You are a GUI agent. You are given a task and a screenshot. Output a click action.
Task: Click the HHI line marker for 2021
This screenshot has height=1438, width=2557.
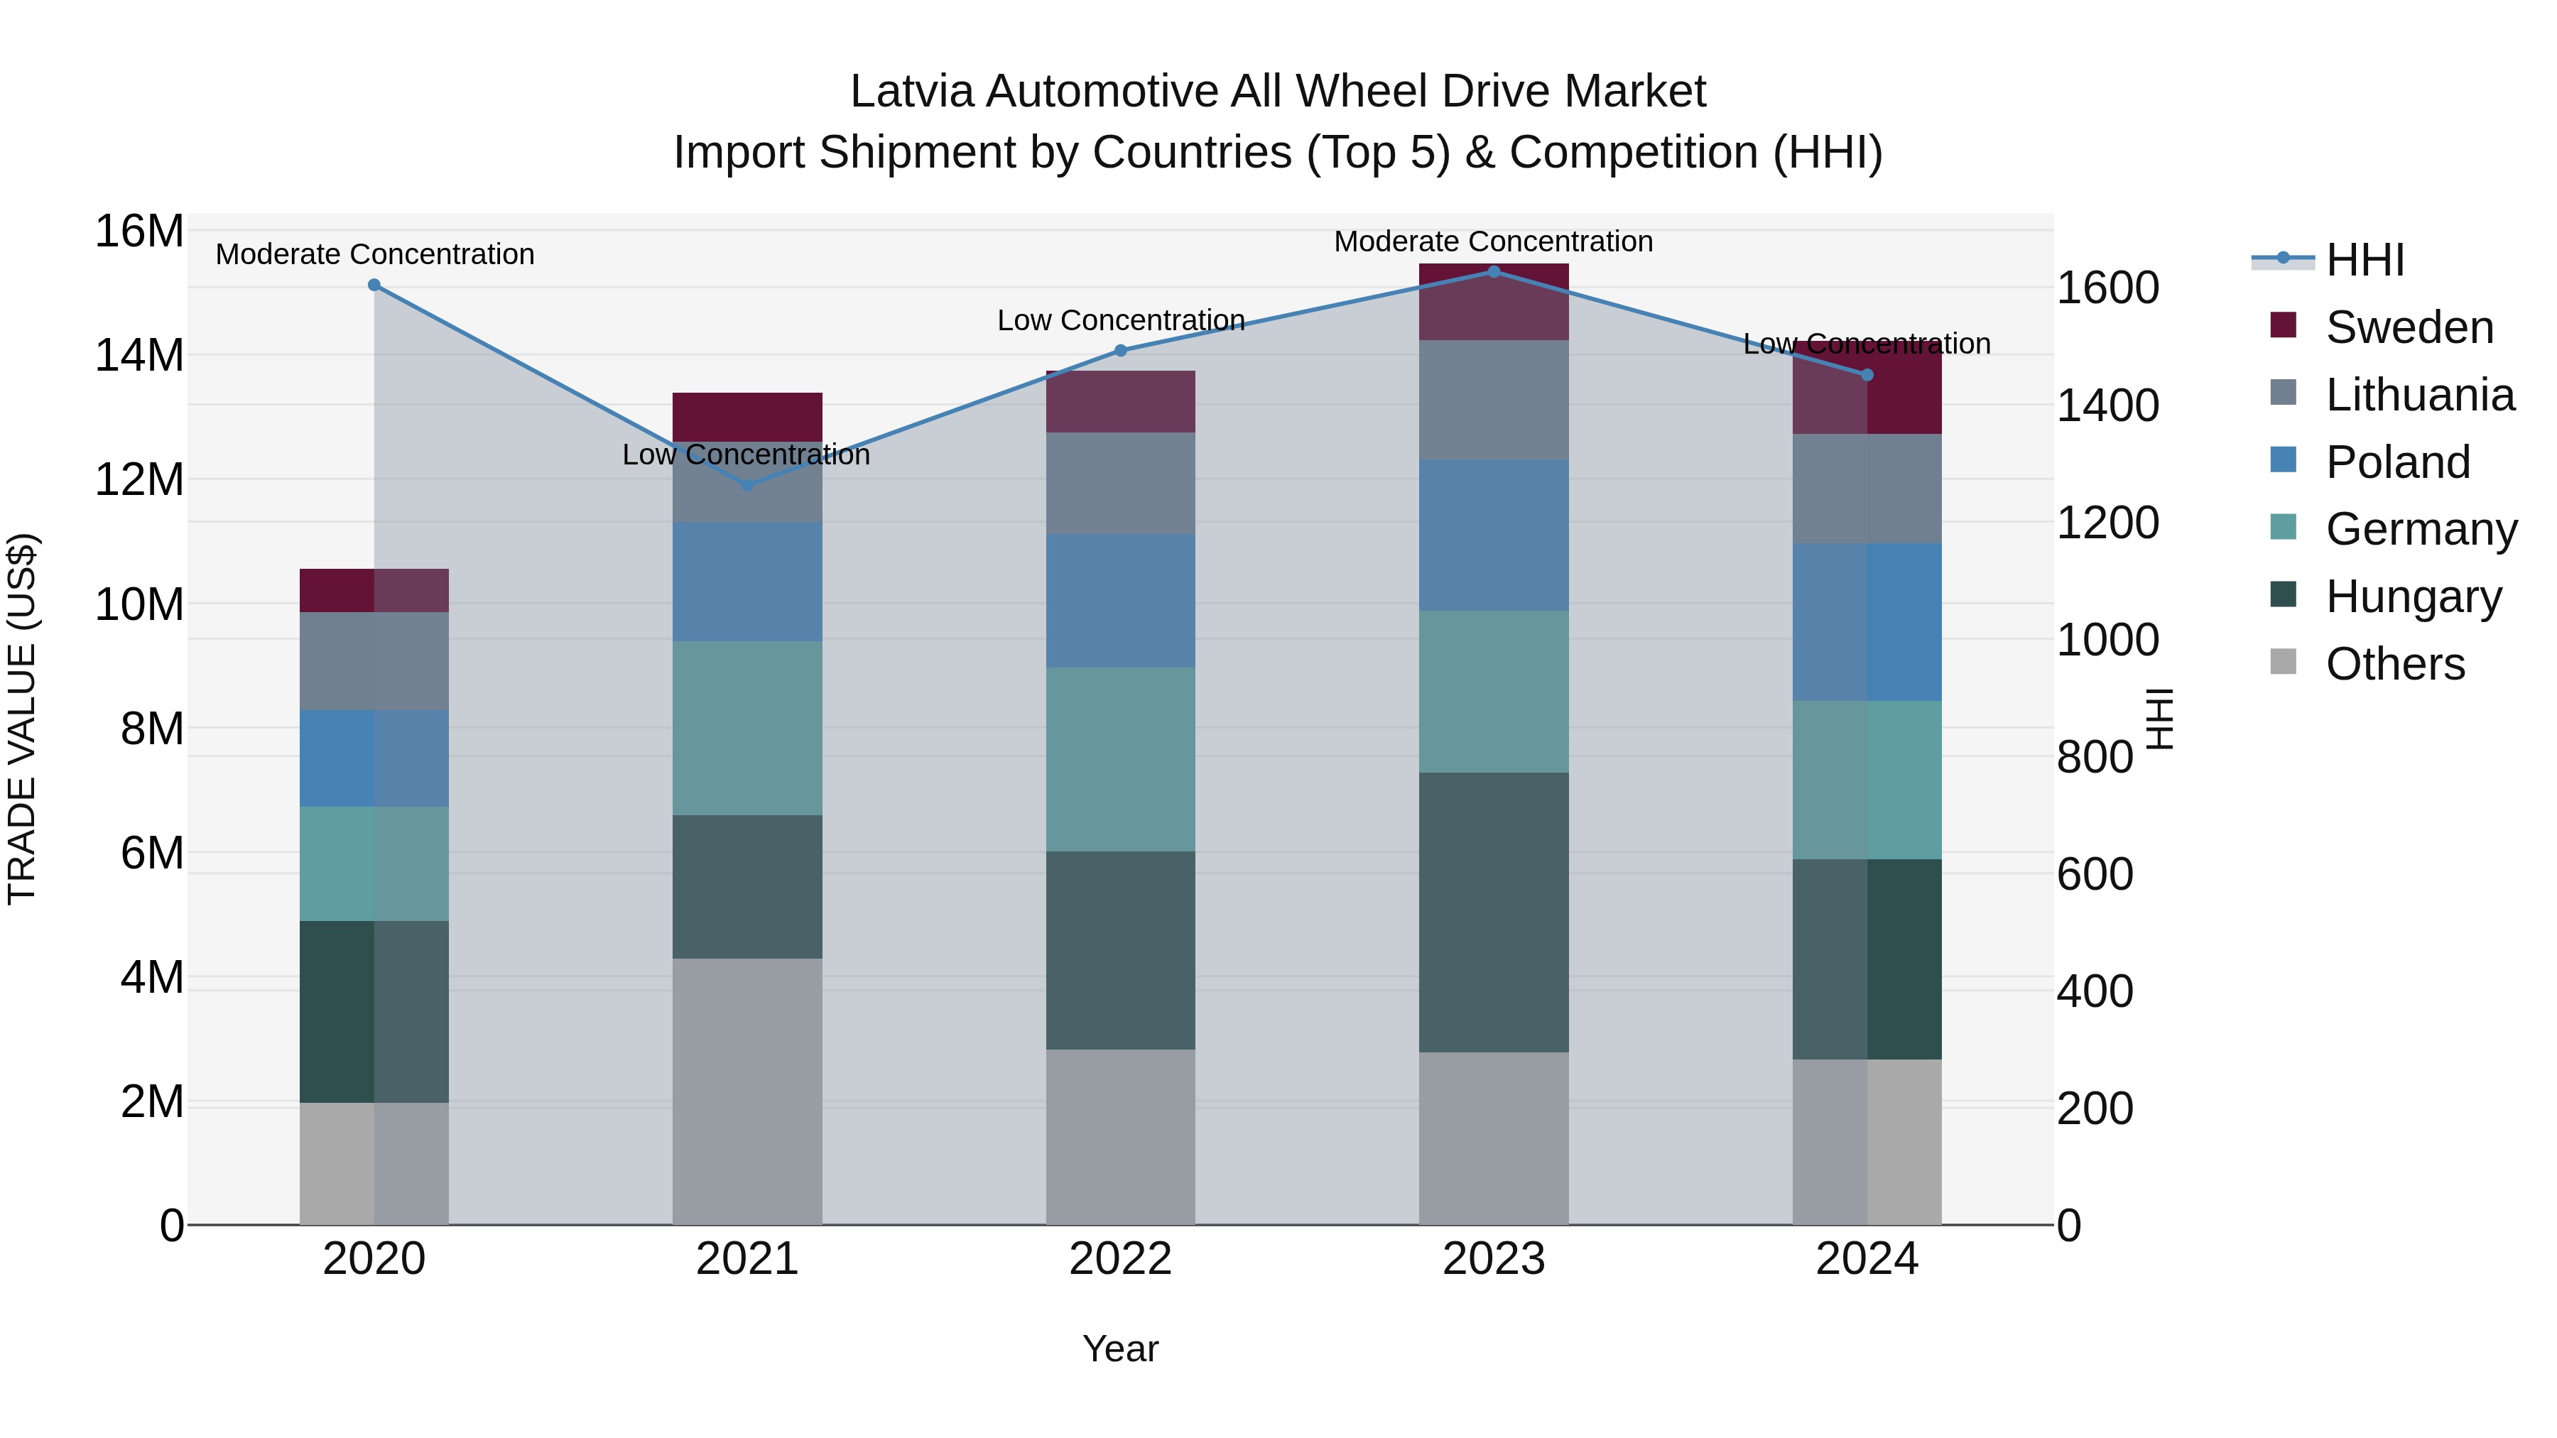tap(747, 484)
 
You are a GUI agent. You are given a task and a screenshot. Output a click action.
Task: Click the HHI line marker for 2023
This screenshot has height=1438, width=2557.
tap(1494, 271)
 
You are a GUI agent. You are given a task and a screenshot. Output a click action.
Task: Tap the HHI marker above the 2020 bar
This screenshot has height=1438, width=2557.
tap(374, 285)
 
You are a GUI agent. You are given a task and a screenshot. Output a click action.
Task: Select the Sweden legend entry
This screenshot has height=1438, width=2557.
tap(2408, 327)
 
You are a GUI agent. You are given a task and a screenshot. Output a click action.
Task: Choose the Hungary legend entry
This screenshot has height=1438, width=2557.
tap(2412, 597)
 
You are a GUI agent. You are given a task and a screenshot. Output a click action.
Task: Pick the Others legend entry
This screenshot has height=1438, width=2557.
tap(2394, 664)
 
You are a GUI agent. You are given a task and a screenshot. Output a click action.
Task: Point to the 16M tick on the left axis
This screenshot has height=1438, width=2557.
tap(139, 232)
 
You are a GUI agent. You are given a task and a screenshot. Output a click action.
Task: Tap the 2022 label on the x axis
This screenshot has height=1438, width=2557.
tap(1121, 1259)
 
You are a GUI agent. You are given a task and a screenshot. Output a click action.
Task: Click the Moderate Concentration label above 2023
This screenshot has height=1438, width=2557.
tap(1493, 241)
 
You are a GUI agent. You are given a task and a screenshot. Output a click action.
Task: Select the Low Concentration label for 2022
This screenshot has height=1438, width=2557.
tap(1121, 320)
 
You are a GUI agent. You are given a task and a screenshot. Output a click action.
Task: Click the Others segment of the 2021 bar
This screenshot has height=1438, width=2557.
tap(747, 1091)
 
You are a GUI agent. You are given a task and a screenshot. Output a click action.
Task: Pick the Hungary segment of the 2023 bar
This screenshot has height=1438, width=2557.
tap(1494, 913)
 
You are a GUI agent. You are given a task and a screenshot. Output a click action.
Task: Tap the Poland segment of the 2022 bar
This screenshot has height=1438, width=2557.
tap(1121, 600)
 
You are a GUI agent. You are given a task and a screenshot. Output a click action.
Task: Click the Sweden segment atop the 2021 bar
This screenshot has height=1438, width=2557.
tap(747, 417)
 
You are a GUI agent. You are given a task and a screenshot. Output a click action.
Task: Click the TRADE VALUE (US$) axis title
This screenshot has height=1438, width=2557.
tap(22, 719)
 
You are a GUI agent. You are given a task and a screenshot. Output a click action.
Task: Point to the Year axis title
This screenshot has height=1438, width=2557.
tap(1121, 1349)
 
